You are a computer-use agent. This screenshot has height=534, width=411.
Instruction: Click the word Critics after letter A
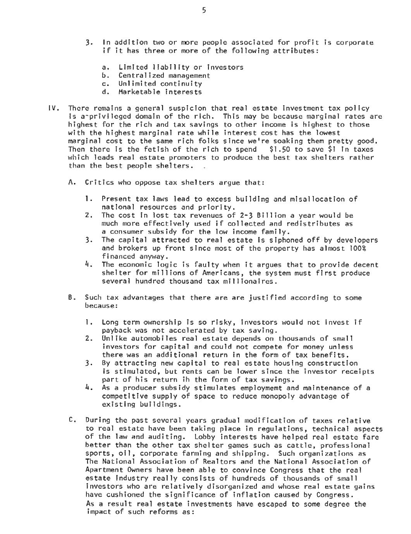pos(99,182)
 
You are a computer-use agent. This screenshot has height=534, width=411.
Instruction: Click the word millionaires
pos(253,281)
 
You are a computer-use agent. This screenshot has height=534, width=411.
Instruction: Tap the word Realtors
pos(204,462)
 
